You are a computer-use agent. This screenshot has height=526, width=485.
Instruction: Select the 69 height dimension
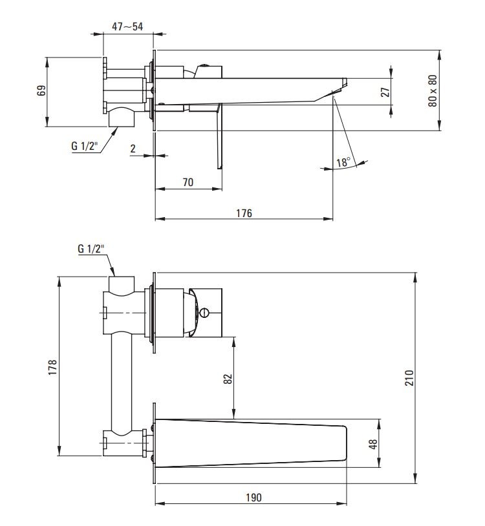41,90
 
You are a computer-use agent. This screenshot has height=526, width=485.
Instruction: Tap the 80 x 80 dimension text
433,90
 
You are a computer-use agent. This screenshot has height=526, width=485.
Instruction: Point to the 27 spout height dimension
385,92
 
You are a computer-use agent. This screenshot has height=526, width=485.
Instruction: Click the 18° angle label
343,162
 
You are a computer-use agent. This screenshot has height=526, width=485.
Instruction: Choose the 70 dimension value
188,182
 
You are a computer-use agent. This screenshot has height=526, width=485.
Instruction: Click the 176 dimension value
244,213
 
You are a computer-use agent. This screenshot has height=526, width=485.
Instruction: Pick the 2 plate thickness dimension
133,149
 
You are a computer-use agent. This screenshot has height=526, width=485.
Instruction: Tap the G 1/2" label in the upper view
84,146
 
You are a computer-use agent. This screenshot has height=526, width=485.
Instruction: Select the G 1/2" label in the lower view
91,249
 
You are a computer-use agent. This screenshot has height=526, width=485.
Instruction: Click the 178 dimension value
52,367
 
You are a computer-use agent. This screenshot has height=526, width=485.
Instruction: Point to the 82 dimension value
228,379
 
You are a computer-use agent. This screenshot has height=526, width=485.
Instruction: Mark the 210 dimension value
410,378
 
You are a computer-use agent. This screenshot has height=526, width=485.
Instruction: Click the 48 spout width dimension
373,444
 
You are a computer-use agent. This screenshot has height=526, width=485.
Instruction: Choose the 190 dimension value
253,498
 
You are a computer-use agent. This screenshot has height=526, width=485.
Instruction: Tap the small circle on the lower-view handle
204,313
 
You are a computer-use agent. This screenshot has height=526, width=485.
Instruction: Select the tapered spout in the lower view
251,443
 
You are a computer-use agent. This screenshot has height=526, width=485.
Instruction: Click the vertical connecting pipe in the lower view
121,383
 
